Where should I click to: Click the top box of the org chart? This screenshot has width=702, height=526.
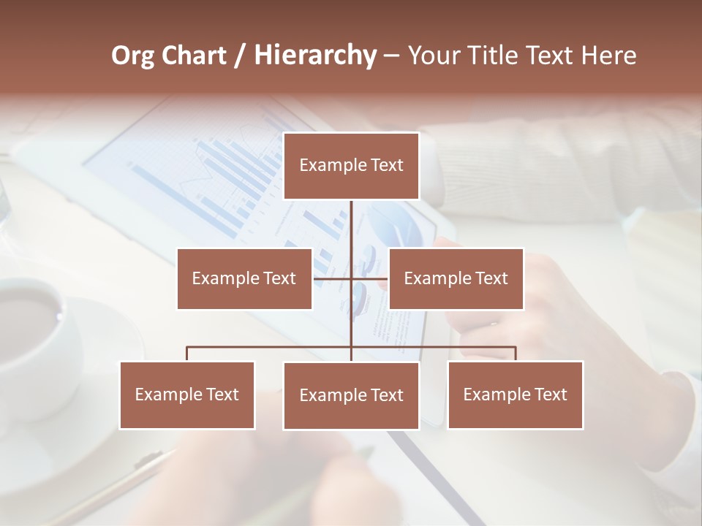pyautogui.click(x=351, y=166)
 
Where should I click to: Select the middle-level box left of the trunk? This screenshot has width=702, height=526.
pyautogui.click(x=244, y=278)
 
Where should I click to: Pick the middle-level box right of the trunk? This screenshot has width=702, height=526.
pyautogui.click(x=456, y=278)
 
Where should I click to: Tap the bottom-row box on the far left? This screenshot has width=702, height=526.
pyautogui.click(x=187, y=394)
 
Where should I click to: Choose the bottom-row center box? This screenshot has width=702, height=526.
pyautogui.click(x=351, y=395)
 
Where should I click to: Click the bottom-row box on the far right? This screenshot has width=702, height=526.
pyautogui.click(x=515, y=394)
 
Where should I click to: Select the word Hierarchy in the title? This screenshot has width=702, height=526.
pyautogui.click(x=315, y=56)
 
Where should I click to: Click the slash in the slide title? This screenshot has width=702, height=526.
pyautogui.click(x=241, y=56)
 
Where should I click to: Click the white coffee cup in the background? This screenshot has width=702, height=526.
pyautogui.click(x=37, y=329)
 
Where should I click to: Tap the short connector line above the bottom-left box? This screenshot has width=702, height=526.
pyautogui.click(x=187, y=354)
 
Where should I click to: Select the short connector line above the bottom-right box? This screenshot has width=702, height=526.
pyautogui.click(x=516, y=354)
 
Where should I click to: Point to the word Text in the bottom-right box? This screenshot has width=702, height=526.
pyautogui.click(x=551, y=394)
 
